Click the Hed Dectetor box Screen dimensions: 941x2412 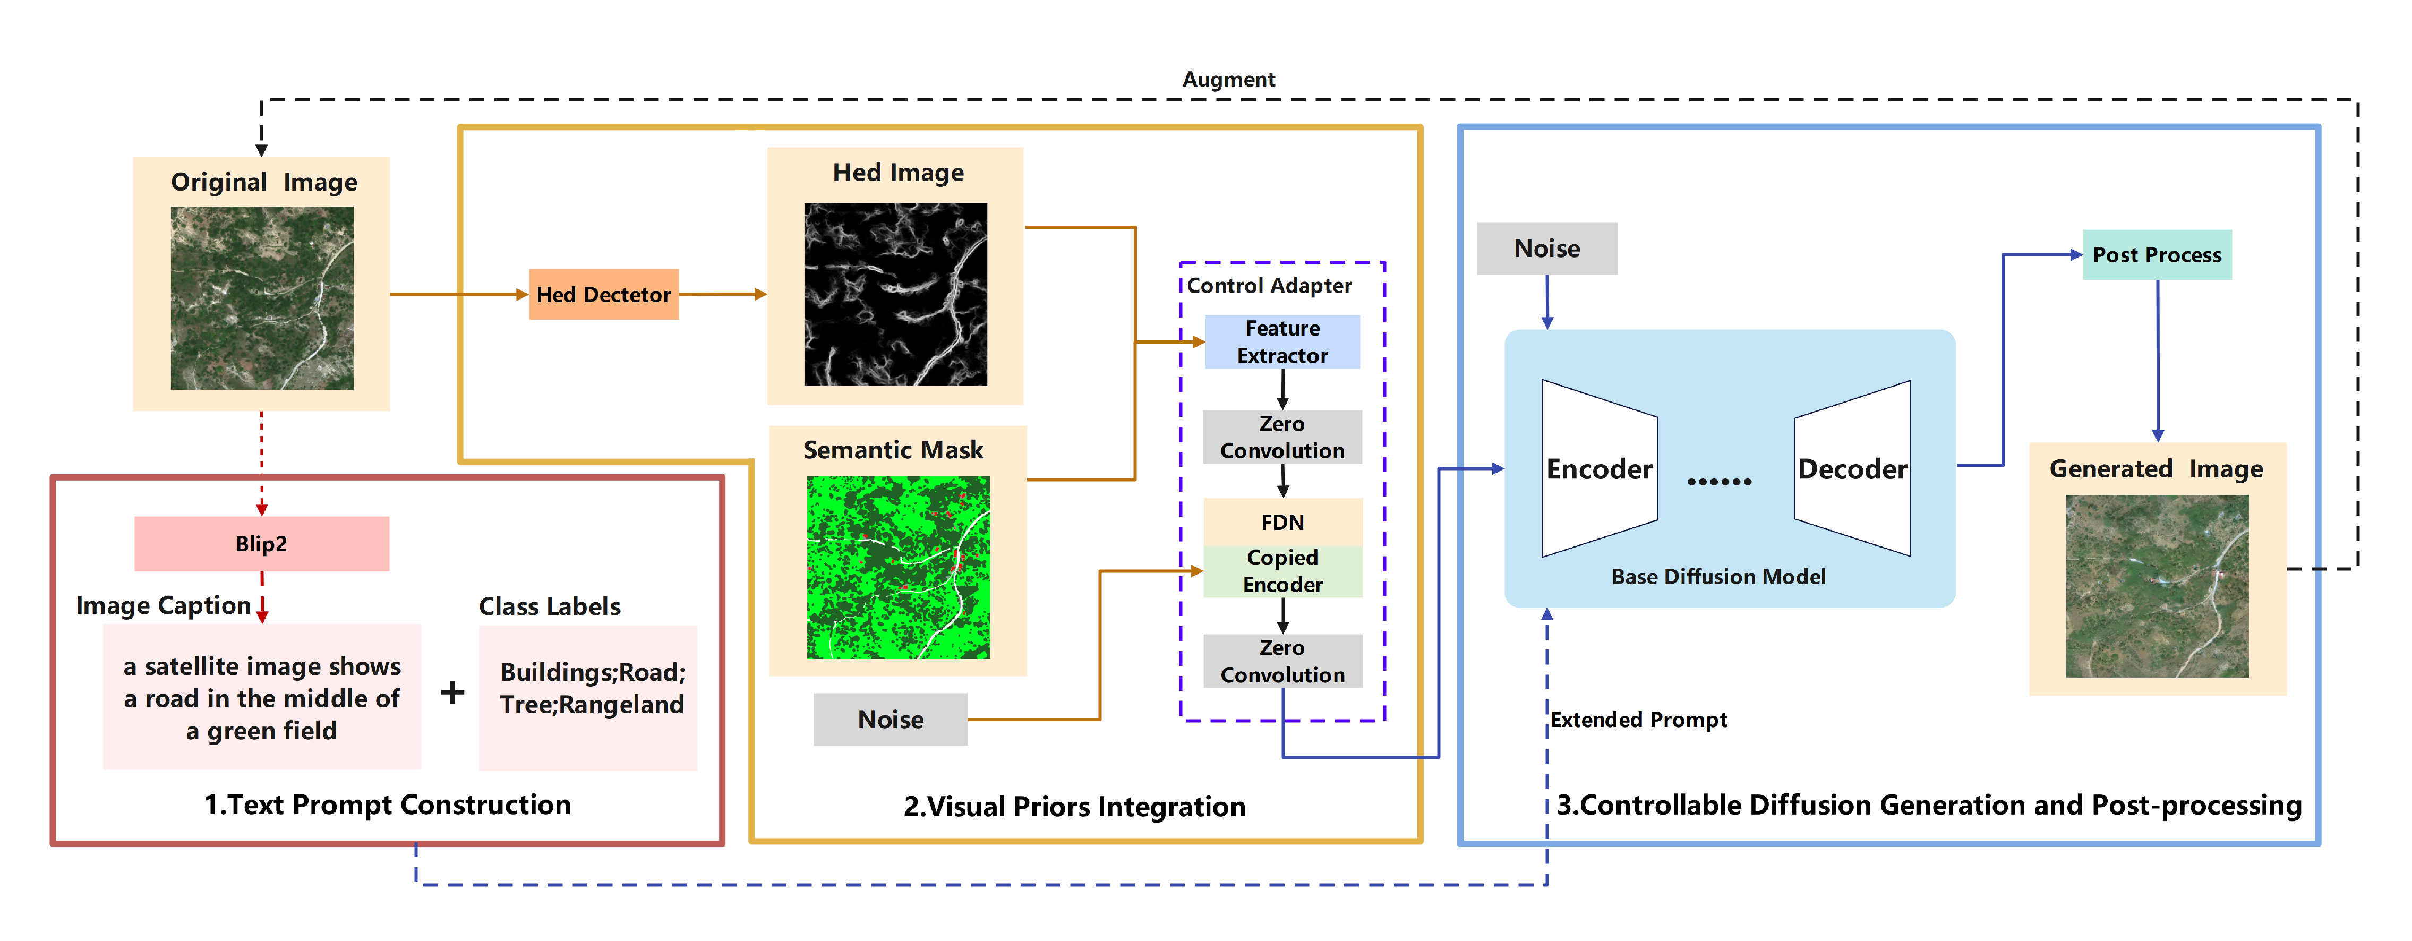tap(603, 295)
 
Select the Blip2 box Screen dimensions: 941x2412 tap(261, 544)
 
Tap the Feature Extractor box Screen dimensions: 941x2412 tap(1282, 342)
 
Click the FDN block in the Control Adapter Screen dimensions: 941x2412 tap(1282, 521)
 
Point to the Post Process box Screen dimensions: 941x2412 tap(2157, 255)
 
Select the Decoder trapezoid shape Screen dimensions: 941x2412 tap(1852, 468)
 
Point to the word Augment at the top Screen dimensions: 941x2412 tap(1228, 80)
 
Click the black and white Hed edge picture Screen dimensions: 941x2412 tap(895, 294)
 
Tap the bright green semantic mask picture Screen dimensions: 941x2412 tap(898, 567)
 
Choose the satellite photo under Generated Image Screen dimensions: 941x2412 tap(2157, 586)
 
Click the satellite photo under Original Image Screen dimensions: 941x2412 tap(262, 298)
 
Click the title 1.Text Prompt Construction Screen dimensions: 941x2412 tap(388, 805)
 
